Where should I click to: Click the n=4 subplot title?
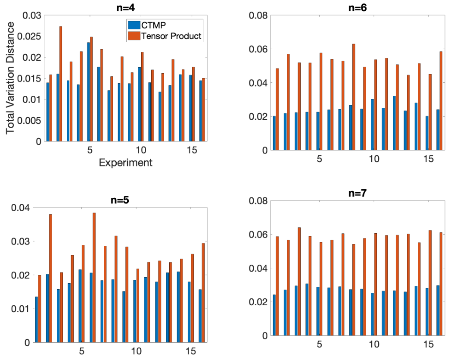coord(126,7)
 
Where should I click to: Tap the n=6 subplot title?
coord(358,7)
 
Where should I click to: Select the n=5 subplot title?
coord(120,200)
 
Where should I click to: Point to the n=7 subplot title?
coord(358,193)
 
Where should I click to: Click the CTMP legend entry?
coord(147,25)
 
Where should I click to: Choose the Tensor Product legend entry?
coord(165,36)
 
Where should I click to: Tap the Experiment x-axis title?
coord(126,163)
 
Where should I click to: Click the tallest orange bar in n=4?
coord(60,84)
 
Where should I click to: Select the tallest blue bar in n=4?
coord(88,92)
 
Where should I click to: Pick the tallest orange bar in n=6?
coord(354,97)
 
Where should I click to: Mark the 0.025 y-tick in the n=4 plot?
coord(30,36)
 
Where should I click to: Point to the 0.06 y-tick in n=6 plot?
coord(258,49)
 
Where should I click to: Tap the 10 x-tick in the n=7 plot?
coord(374,344)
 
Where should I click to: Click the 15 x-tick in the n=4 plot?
coord(192,150)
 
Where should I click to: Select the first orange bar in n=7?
coord(277,286)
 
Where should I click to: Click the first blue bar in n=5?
coord(37,319)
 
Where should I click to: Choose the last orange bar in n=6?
coord(441,101)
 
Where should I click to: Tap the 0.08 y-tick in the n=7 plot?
coord(258,200)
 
